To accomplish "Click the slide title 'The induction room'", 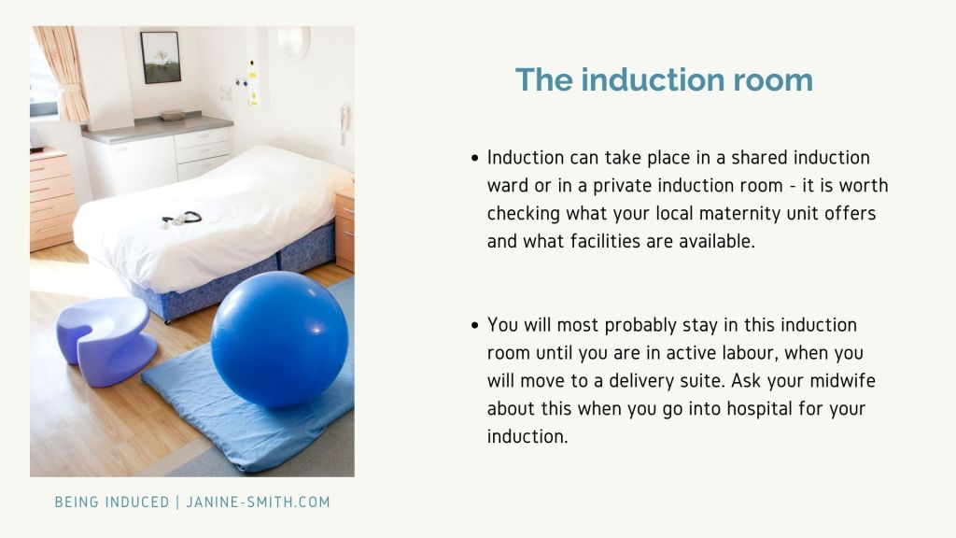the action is pos(664,80).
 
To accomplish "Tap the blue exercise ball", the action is pos(280,339).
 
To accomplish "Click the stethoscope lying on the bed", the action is pos(182,219).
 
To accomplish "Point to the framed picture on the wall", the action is pos(161,57).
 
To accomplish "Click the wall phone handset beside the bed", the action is pos(344,124).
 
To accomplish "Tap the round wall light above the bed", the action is pos(293,41).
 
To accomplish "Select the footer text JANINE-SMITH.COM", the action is pos(258,502).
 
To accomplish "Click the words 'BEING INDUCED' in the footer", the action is pos(112,502).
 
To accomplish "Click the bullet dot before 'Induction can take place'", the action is pos(475,159).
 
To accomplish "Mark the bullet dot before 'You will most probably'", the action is pos(475,326).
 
